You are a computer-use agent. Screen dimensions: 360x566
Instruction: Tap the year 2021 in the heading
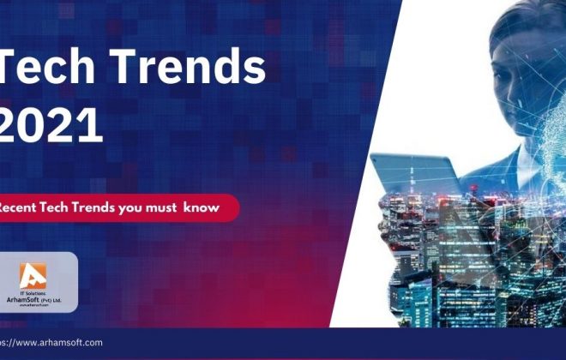pyautogui.click(x=51, y=127)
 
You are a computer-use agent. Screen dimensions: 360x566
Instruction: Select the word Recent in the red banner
pyautogui.click(x=21, y=207)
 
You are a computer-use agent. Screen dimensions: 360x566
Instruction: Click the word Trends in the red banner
pyautogui.click(x=99, y=207)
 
